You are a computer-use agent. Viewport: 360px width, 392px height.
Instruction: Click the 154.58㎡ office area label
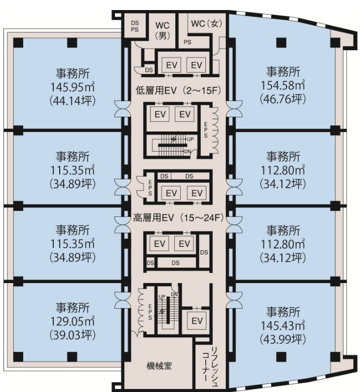pos(283,85)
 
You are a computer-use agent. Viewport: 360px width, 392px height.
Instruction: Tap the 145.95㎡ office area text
pos(72,87)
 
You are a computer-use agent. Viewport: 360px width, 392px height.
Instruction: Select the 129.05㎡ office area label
pos(72,321)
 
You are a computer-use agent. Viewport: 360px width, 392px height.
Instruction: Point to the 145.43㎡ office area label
pos(283,326)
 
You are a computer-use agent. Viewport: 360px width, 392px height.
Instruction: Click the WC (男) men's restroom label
pos(163,31)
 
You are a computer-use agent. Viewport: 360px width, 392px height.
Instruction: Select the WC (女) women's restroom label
pos(206,24)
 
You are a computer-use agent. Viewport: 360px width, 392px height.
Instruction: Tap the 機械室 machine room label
pos(159,366)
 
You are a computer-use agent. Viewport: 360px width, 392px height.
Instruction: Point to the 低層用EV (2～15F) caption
pos(179,90)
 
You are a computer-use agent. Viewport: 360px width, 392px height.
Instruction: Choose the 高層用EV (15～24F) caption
pos(179,218)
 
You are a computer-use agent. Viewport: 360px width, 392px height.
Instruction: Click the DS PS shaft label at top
pos(135,26)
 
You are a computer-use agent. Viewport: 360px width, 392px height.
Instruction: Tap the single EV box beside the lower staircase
pos(197,321)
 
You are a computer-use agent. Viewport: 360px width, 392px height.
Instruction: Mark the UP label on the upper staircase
pos(190,139)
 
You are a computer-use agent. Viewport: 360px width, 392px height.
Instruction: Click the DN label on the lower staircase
pos(174,295)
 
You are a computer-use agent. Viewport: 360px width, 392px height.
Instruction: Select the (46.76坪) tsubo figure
pos(283,99)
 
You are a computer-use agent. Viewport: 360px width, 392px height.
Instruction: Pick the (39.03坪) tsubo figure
pos(72,335)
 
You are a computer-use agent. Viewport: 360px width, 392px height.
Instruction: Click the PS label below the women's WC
pos(187,42)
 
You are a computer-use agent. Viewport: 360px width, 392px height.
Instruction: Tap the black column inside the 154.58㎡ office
pos(281,43)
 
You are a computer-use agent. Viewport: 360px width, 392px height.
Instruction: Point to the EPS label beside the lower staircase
pos(150,312)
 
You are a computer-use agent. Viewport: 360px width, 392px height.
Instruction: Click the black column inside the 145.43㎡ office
pos(281,357)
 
